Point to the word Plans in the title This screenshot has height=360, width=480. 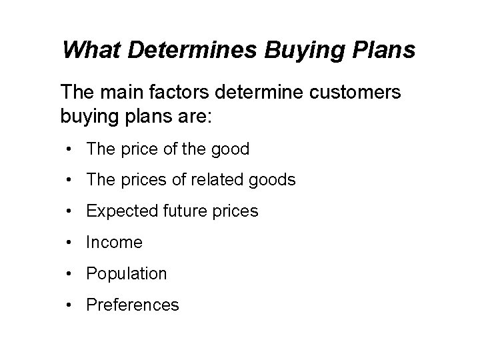coord(382,49)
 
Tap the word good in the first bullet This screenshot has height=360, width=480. coord(229,149)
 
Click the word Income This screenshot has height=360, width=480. coord(114,243)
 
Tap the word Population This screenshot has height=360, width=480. coord(127,274)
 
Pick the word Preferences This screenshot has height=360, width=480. coord(133,305)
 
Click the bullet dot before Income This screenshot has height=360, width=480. coord(70,243)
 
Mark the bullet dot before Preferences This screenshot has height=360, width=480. coord(70,305)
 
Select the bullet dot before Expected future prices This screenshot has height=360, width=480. coord(70,212)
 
